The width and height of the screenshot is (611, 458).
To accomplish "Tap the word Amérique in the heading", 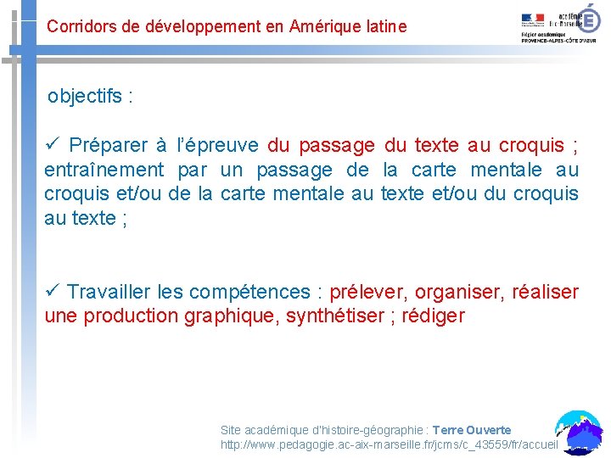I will [322, 26].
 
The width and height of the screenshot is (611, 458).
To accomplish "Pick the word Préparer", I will [106, 145].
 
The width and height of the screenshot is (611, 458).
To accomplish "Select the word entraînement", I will [103, 170].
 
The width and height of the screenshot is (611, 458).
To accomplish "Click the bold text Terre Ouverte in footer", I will [472, 430].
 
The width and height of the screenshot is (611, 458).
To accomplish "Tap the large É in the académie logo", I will [588, 19].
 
